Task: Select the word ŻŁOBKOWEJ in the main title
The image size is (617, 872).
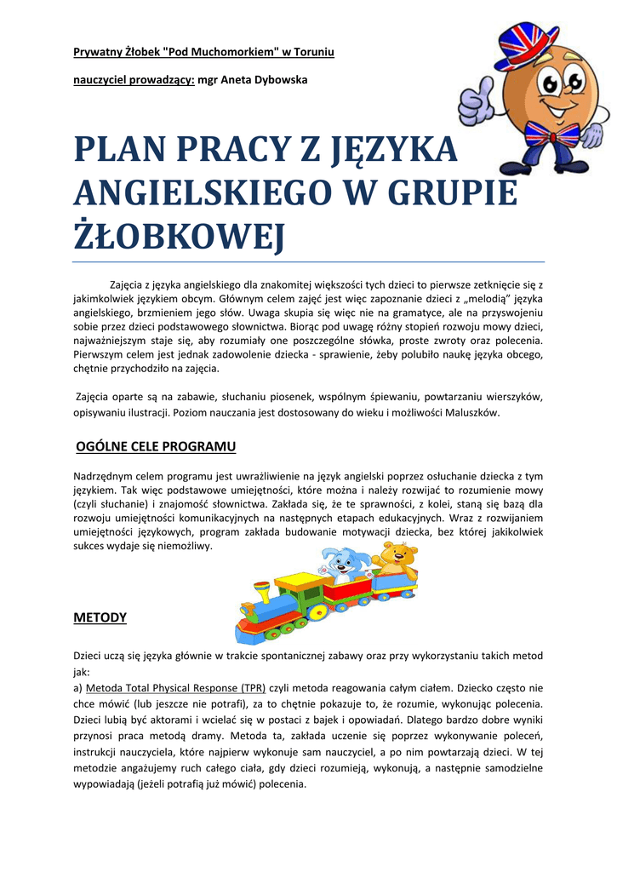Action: click(178, 237)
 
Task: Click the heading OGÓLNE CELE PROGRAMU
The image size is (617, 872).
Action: click(156, 446)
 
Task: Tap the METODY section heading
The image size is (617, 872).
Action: click(100, 617)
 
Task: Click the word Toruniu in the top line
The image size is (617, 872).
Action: click(313, 53)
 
